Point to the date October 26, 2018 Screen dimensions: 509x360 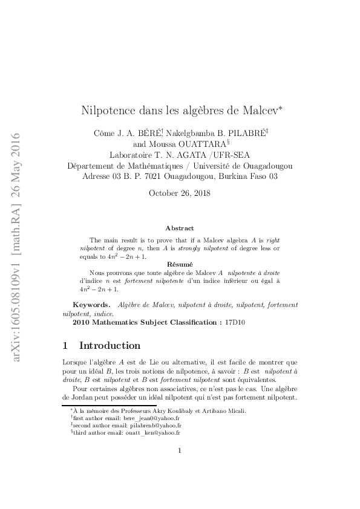pos(180,193)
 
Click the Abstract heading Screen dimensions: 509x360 pos(180,228)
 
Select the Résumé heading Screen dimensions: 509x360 pos(180,264)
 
